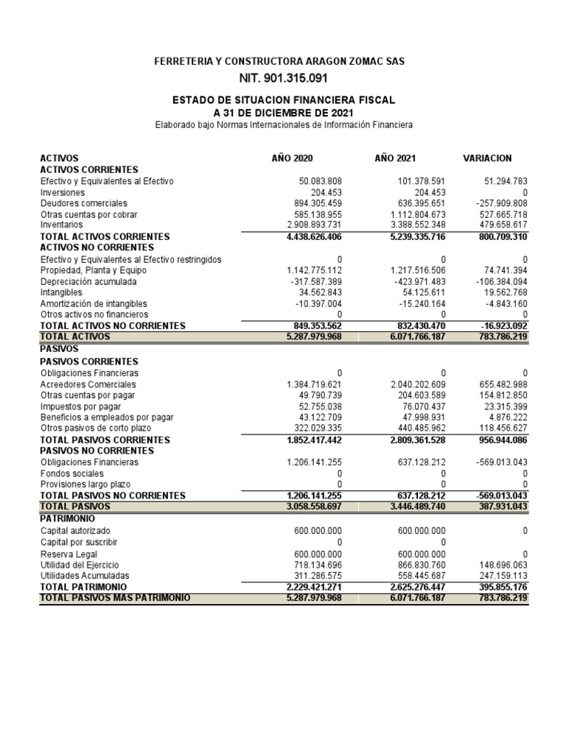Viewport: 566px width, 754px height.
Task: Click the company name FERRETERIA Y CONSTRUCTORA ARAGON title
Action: [x=279, y=62]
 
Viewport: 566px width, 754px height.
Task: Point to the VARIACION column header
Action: [x=487, y=158]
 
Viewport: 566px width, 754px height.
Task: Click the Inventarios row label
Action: [x=62, y=224]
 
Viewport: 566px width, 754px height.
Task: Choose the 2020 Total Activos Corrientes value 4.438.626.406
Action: [x=314, y=236]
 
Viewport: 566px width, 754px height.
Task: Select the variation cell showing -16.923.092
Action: [x=500, y=325]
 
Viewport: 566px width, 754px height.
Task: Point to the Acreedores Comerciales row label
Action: [x=88, y=384]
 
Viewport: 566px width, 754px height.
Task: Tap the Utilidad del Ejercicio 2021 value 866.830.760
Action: [x=416, y=564]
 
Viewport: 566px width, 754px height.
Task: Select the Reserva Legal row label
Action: [x=68, y=554]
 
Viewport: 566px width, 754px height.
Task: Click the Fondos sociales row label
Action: [x=71, y=473]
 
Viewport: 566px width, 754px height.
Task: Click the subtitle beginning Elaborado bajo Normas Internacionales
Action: [x=284, y=125]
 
